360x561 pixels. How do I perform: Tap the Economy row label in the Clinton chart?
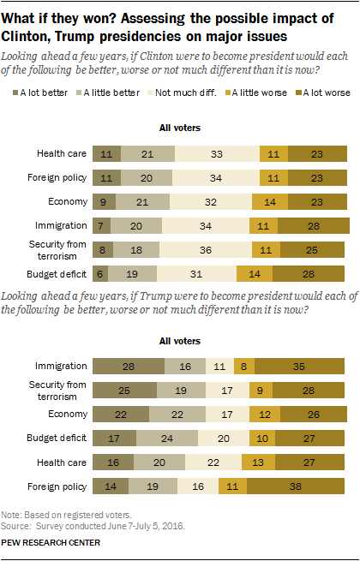tap(66, 201)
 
